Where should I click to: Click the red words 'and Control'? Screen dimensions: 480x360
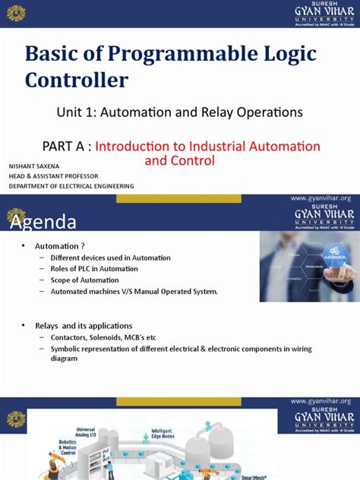(x=180, y=160)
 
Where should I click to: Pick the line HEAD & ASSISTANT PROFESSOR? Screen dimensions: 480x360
(x=54, y=175)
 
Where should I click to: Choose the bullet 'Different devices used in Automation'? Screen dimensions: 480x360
(x=110, y=257)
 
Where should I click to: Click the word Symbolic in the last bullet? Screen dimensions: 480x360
(x=67, y=348)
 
